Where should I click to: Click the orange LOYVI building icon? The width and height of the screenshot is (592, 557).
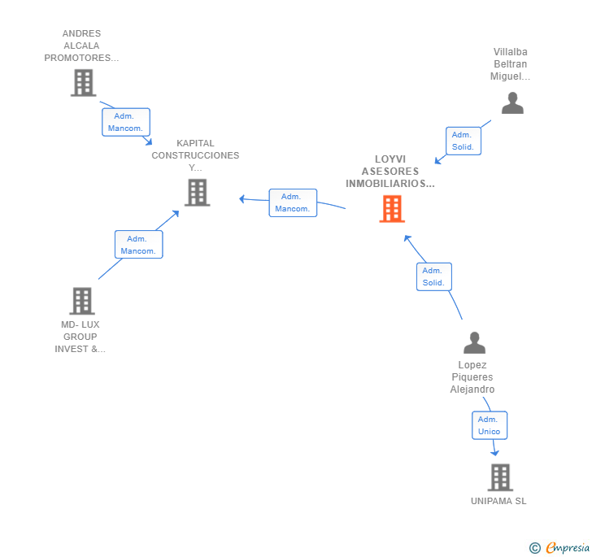tap(392, 209)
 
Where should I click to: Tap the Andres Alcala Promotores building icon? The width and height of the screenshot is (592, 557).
tap(83, 83)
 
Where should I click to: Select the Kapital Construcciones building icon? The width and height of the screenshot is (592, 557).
tap(197, 193)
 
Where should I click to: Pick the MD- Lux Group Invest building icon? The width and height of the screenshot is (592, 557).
tap(82, 301)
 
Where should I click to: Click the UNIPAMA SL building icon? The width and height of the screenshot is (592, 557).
tap(499, 477)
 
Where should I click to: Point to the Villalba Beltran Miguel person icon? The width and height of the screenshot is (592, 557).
tap(512, 103)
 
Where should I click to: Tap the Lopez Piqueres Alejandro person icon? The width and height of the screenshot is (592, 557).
tap(474, 342)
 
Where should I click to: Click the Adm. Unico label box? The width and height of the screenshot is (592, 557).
tap(490, 425)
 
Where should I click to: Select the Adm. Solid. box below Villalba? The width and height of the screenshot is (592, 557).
tap(462, 141)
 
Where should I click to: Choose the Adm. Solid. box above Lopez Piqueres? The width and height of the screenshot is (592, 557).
tap(433, 276)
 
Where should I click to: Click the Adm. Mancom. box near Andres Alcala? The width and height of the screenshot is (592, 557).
tap(126, 122)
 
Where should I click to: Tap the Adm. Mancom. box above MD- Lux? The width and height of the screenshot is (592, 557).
tap(138, 245)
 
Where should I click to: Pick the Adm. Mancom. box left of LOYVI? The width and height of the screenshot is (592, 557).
tap(293, 202)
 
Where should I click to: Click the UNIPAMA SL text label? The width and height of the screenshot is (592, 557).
tap(498, 501)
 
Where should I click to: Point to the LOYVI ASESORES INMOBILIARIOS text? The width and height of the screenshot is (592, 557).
tap(390, 172)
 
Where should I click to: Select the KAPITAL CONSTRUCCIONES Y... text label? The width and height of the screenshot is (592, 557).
tap(195, 155)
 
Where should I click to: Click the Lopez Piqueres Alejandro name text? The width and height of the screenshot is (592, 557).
tap(472, 377)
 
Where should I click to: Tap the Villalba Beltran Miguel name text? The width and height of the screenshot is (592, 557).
tap(510, 64)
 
